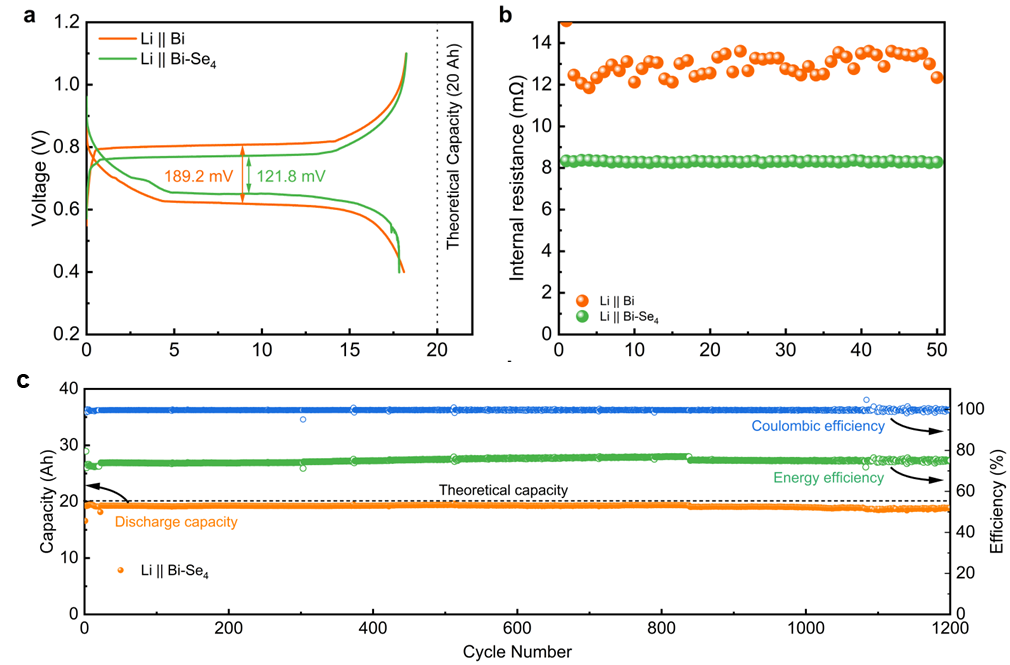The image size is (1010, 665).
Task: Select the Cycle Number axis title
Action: (516, 652)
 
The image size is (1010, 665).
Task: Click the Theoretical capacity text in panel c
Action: (504, 490)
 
